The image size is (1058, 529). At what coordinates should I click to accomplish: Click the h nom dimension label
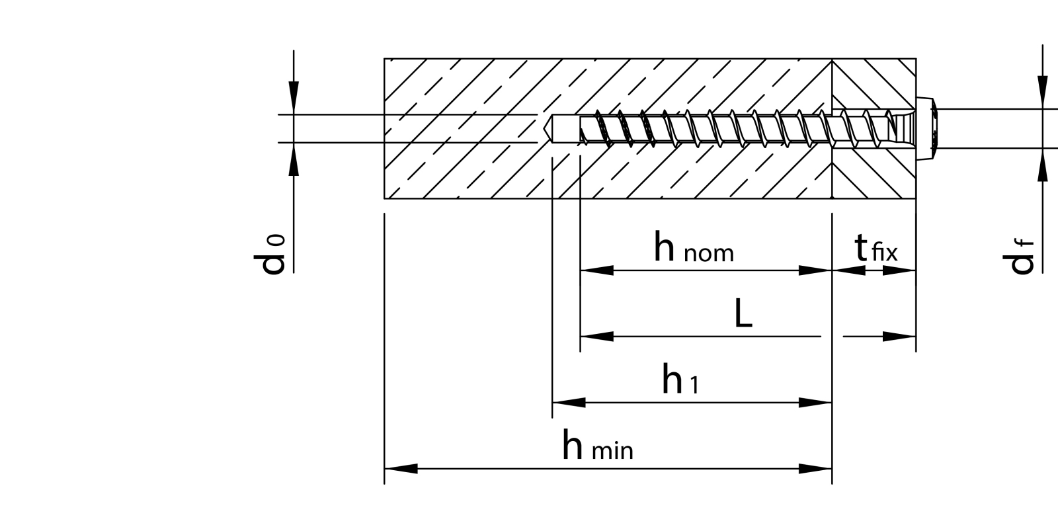[x=694, y=248]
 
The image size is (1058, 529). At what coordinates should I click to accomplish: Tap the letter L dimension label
[x=743, y=315]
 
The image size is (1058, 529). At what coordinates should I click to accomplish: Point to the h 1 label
[x=680, y=380]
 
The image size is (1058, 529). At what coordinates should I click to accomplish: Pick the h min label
[x=597, y=446]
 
